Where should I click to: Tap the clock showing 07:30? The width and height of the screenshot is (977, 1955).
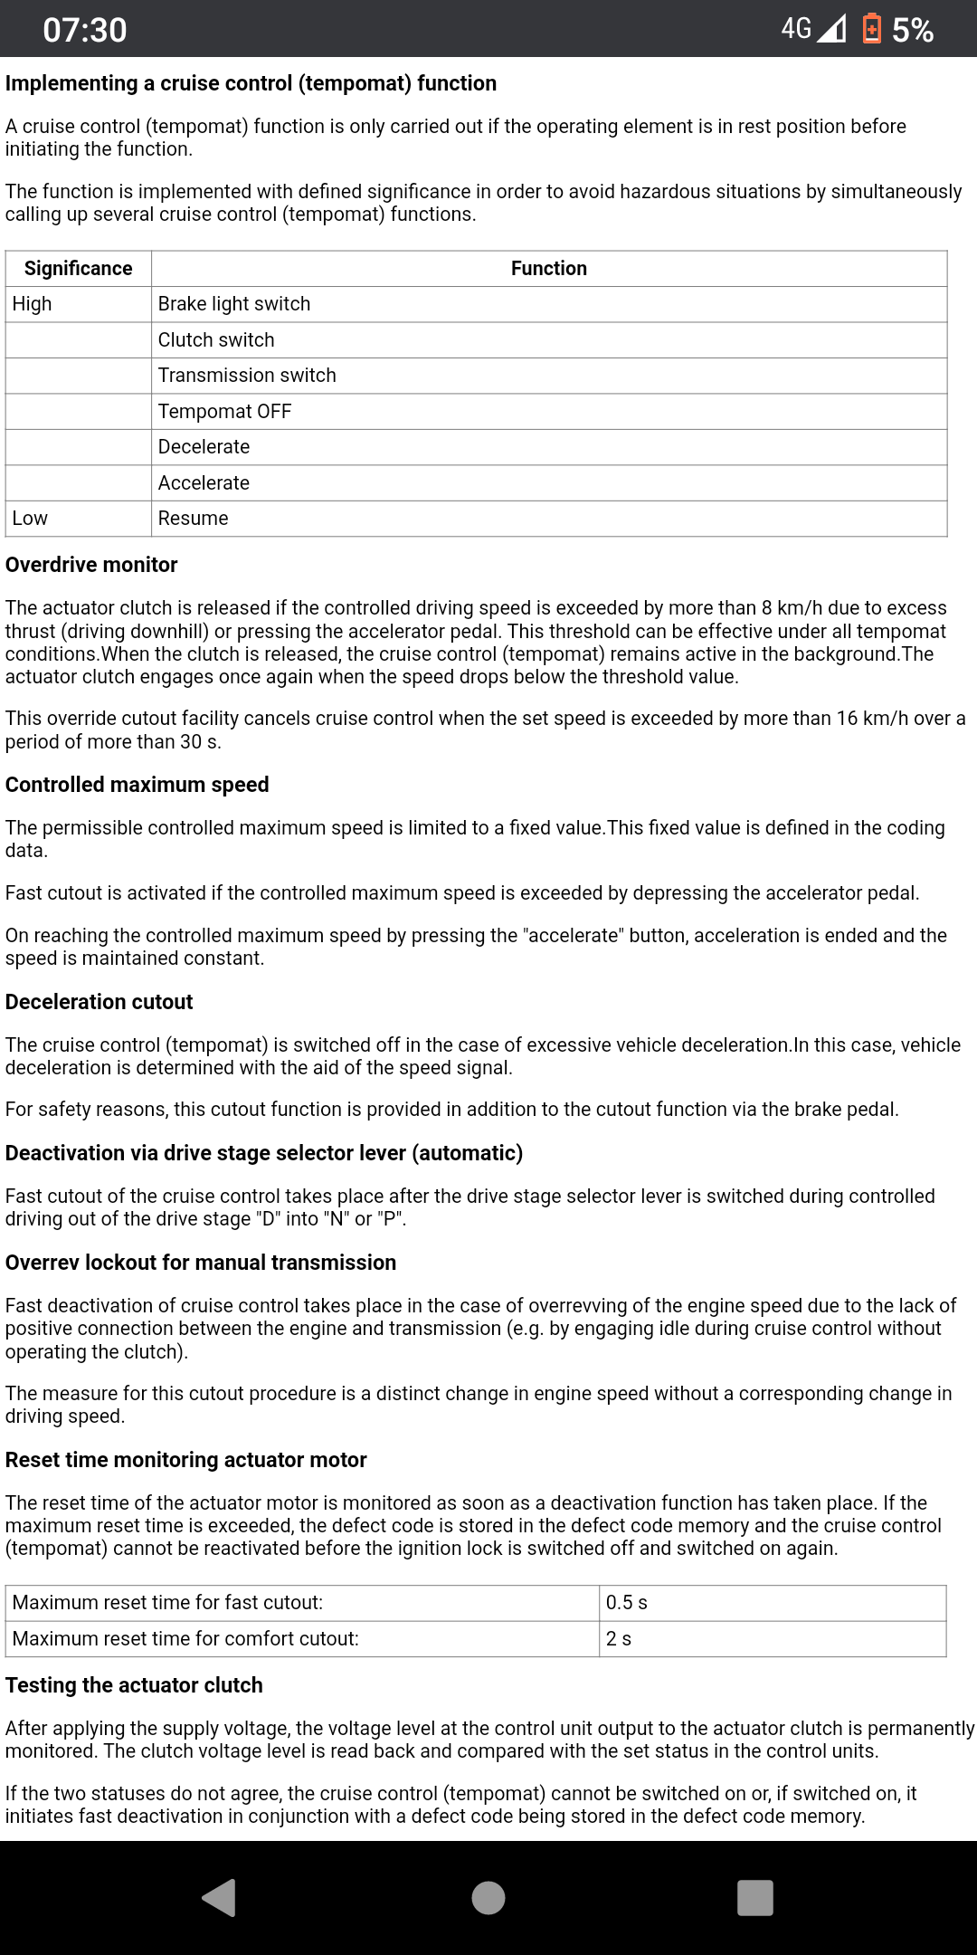pyautogui.click(x=85, y=30)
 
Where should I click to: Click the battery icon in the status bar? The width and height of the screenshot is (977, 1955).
pyautogui.click(x=871, y=29)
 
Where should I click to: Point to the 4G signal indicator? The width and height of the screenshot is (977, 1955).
pyautogui.click(x=813, y=29)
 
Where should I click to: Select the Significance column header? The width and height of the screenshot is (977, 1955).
pyautogui.click(x=79, y=269)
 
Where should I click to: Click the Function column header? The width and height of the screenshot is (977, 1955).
pyautogui.click(x=548, y=269)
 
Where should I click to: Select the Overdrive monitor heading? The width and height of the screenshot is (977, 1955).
pyautogui.click(x=91, y=565)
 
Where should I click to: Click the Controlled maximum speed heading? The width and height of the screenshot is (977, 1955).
pyautogui.click(x=138, y=785)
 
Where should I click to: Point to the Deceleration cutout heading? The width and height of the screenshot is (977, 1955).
pyautogui.click(x=100, y=1002)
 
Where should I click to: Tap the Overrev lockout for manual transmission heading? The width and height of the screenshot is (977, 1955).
pyautogui.click(x=201, y=1263)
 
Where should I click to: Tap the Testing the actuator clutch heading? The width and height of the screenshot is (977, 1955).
pyautogui.click(x=134, y=1685)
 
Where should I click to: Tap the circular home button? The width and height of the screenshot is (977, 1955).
pyautogui.click(x=488, y=1898)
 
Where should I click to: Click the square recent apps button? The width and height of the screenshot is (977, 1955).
pyautogui.click(x=755, y=1898)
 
